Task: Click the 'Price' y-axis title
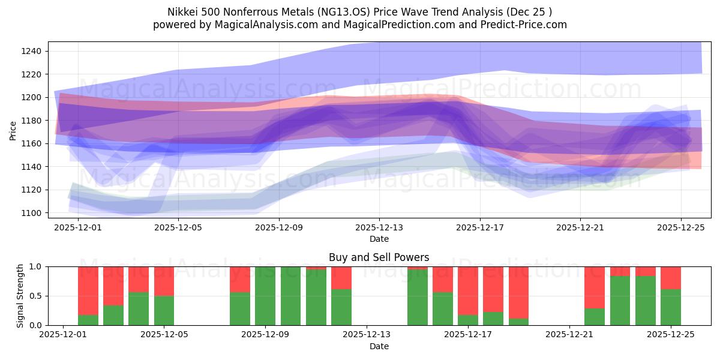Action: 13,130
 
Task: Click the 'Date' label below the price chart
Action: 379,239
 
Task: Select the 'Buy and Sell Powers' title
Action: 379,257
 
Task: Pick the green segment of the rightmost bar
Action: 670,307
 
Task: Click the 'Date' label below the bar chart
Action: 379,346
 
